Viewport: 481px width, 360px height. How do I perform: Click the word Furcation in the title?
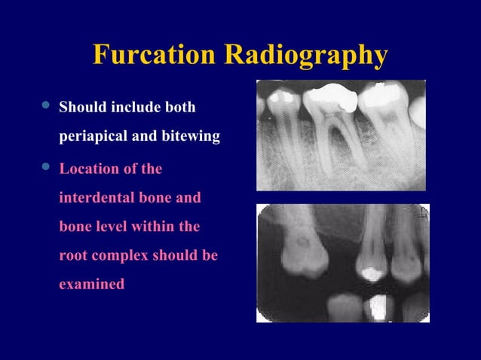[155, 55]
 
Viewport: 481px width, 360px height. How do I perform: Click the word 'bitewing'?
[191, 138]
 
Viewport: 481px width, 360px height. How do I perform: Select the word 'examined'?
[91, 285]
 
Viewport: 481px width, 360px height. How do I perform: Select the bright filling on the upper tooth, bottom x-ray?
[369, 273]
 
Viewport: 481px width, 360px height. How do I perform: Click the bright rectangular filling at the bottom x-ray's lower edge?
[376, 307]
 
